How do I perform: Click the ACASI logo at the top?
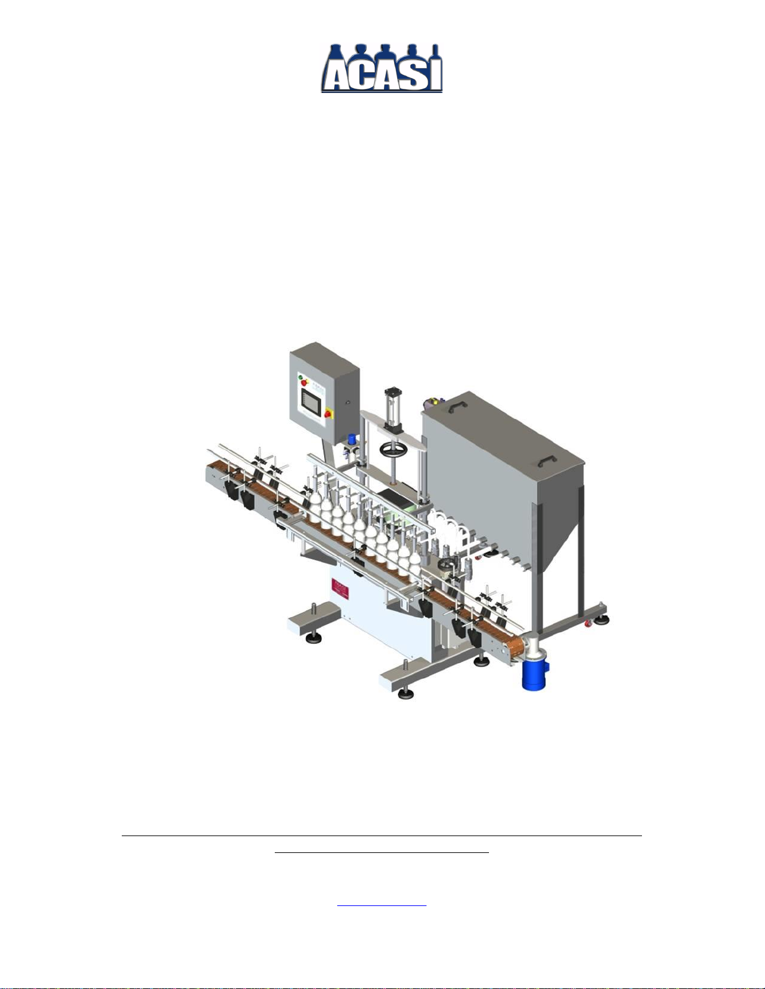tap(382, 68)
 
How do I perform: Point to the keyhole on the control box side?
tap(348, 403)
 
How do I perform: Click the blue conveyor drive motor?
tap(535, 675)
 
